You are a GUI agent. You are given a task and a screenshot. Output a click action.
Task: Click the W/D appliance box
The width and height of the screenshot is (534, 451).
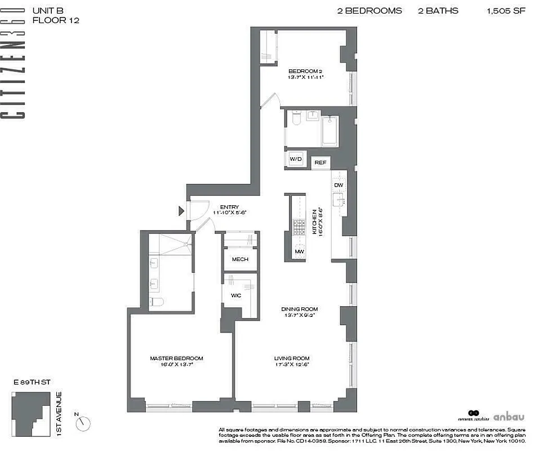(x=296, y=160)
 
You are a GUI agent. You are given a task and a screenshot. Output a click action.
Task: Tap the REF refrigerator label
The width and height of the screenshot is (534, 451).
(x=321, y=162)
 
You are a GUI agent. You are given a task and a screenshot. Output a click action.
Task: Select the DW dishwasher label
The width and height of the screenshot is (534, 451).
(x=338, y=185)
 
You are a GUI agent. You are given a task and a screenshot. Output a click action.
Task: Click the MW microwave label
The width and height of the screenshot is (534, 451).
(x=298, y=251)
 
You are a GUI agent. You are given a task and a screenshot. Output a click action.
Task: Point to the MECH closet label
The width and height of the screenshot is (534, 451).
(x=240, y=260)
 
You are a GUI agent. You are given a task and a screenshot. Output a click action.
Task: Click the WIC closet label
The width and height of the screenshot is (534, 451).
(x=236, y=295)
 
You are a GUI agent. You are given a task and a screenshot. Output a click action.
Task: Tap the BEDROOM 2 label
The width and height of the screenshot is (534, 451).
(x=304, y=70)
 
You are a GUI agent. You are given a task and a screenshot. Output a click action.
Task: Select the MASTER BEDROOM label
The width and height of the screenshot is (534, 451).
(x=176, y=358)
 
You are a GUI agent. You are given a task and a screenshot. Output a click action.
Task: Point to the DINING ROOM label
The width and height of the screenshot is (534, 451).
(x=300, y=309)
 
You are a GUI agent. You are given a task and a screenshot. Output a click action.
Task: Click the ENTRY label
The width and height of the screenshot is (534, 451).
(x=230, y=207)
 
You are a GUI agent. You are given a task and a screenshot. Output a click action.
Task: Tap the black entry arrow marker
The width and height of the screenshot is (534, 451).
(x=181, y=211)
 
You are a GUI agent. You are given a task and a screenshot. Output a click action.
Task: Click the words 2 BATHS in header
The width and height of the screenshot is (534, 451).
(x=438, y=11)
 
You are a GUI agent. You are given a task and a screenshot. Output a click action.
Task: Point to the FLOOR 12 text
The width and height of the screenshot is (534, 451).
(x=56, y=20)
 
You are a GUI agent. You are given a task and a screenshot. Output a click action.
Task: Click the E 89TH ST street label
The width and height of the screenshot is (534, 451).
(x=32, y=382)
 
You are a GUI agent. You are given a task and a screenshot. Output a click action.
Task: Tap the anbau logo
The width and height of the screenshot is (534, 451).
(x=509, y=417)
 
